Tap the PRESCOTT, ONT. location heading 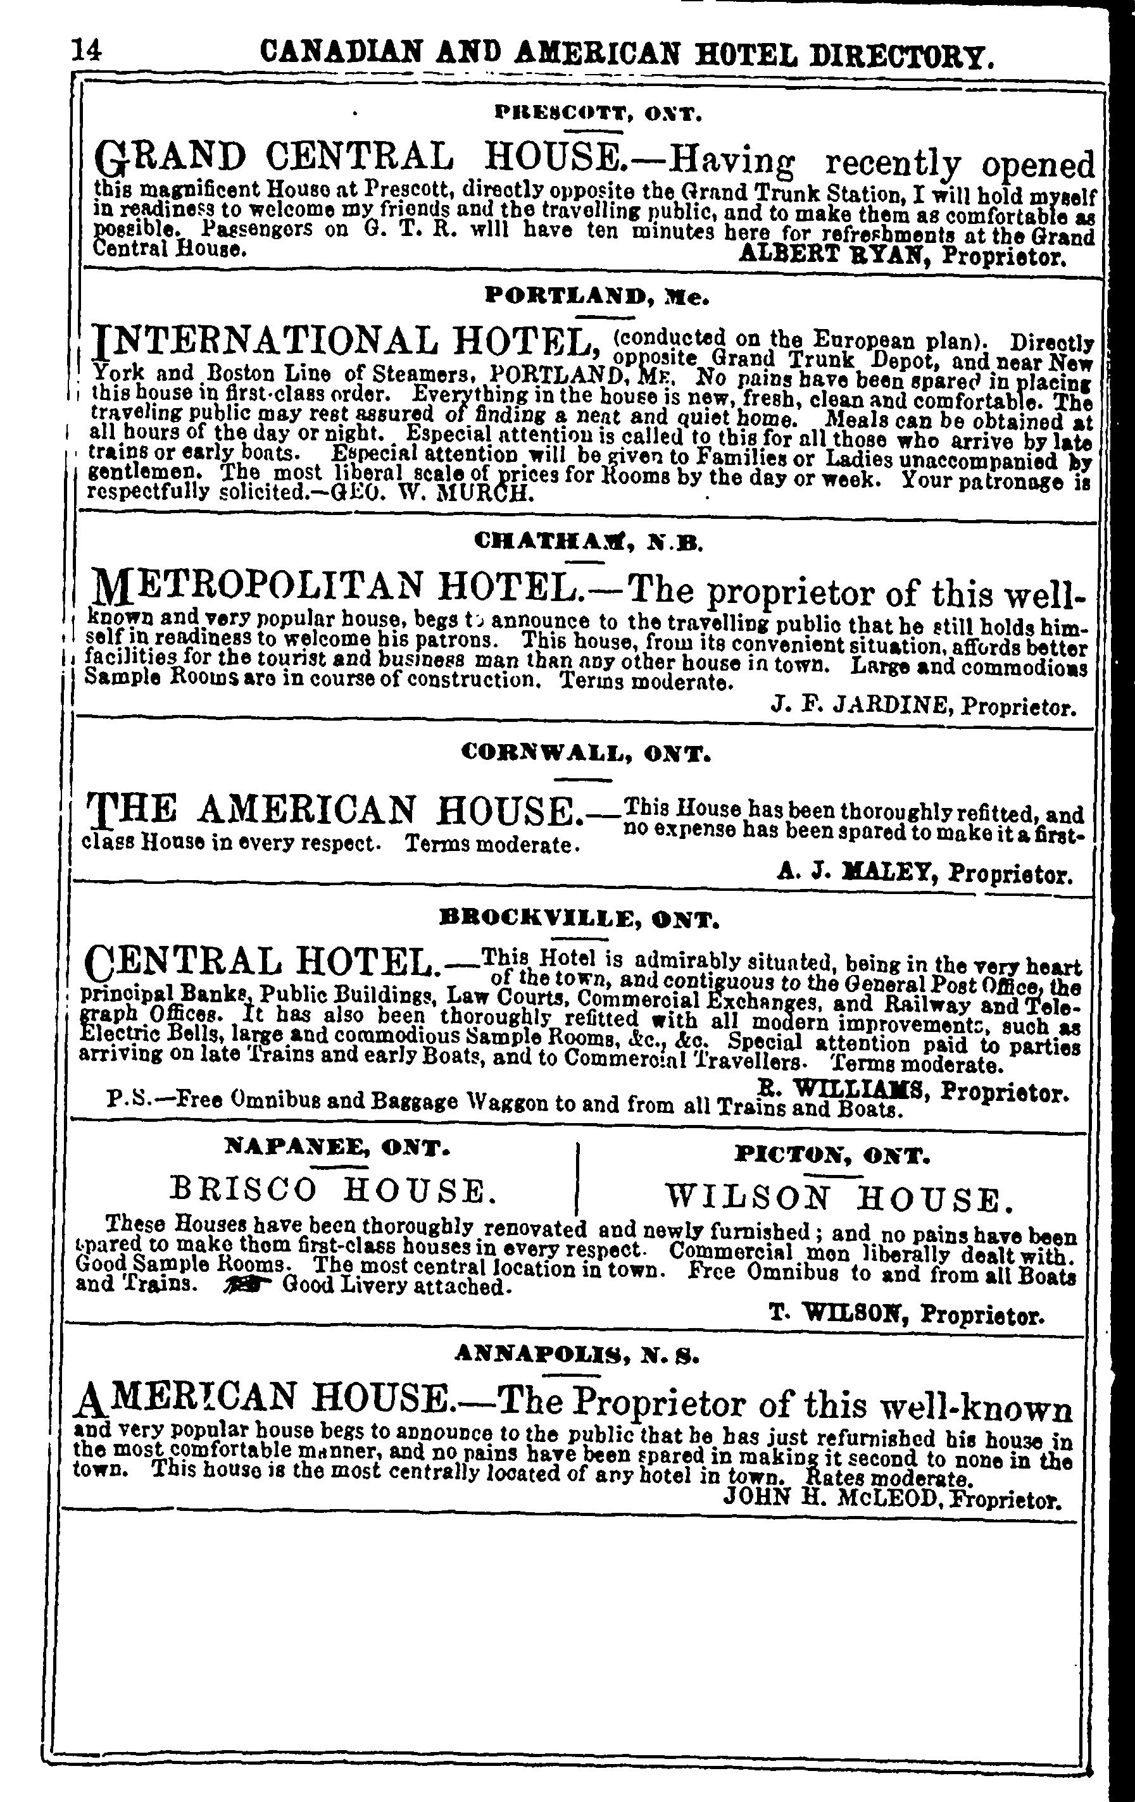pos(598,115)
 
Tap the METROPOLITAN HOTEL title pos(332,587)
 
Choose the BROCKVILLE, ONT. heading pos(579,918)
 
